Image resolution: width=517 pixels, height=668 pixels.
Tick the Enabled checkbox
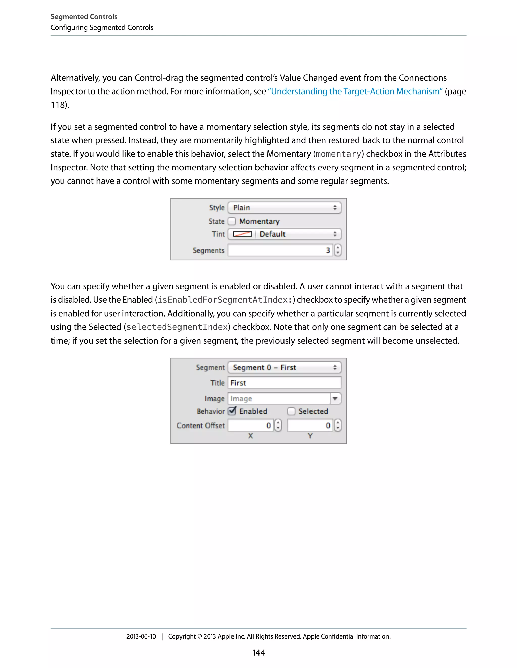232,411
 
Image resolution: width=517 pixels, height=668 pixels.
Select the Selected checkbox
291,411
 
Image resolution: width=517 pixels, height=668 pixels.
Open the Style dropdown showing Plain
284,208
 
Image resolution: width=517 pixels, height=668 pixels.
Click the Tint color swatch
242,234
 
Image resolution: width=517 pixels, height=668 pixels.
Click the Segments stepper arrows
338,250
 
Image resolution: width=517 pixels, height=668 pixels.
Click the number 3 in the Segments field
328,250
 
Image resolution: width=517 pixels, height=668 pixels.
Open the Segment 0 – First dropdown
284,367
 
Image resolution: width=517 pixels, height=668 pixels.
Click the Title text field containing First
284,383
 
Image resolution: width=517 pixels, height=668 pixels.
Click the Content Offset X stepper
278,426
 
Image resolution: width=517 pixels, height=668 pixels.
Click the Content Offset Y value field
310,426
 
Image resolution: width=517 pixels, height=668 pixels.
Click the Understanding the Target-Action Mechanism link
355,92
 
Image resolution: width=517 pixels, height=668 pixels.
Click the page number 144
258,653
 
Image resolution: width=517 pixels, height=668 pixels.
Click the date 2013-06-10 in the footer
141,636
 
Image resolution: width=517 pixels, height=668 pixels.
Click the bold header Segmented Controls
84,17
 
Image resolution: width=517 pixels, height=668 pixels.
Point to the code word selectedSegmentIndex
177,327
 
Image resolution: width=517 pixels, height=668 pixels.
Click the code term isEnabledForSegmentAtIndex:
225,300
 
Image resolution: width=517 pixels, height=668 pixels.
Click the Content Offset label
201,426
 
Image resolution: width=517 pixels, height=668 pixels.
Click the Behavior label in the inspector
211,411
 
